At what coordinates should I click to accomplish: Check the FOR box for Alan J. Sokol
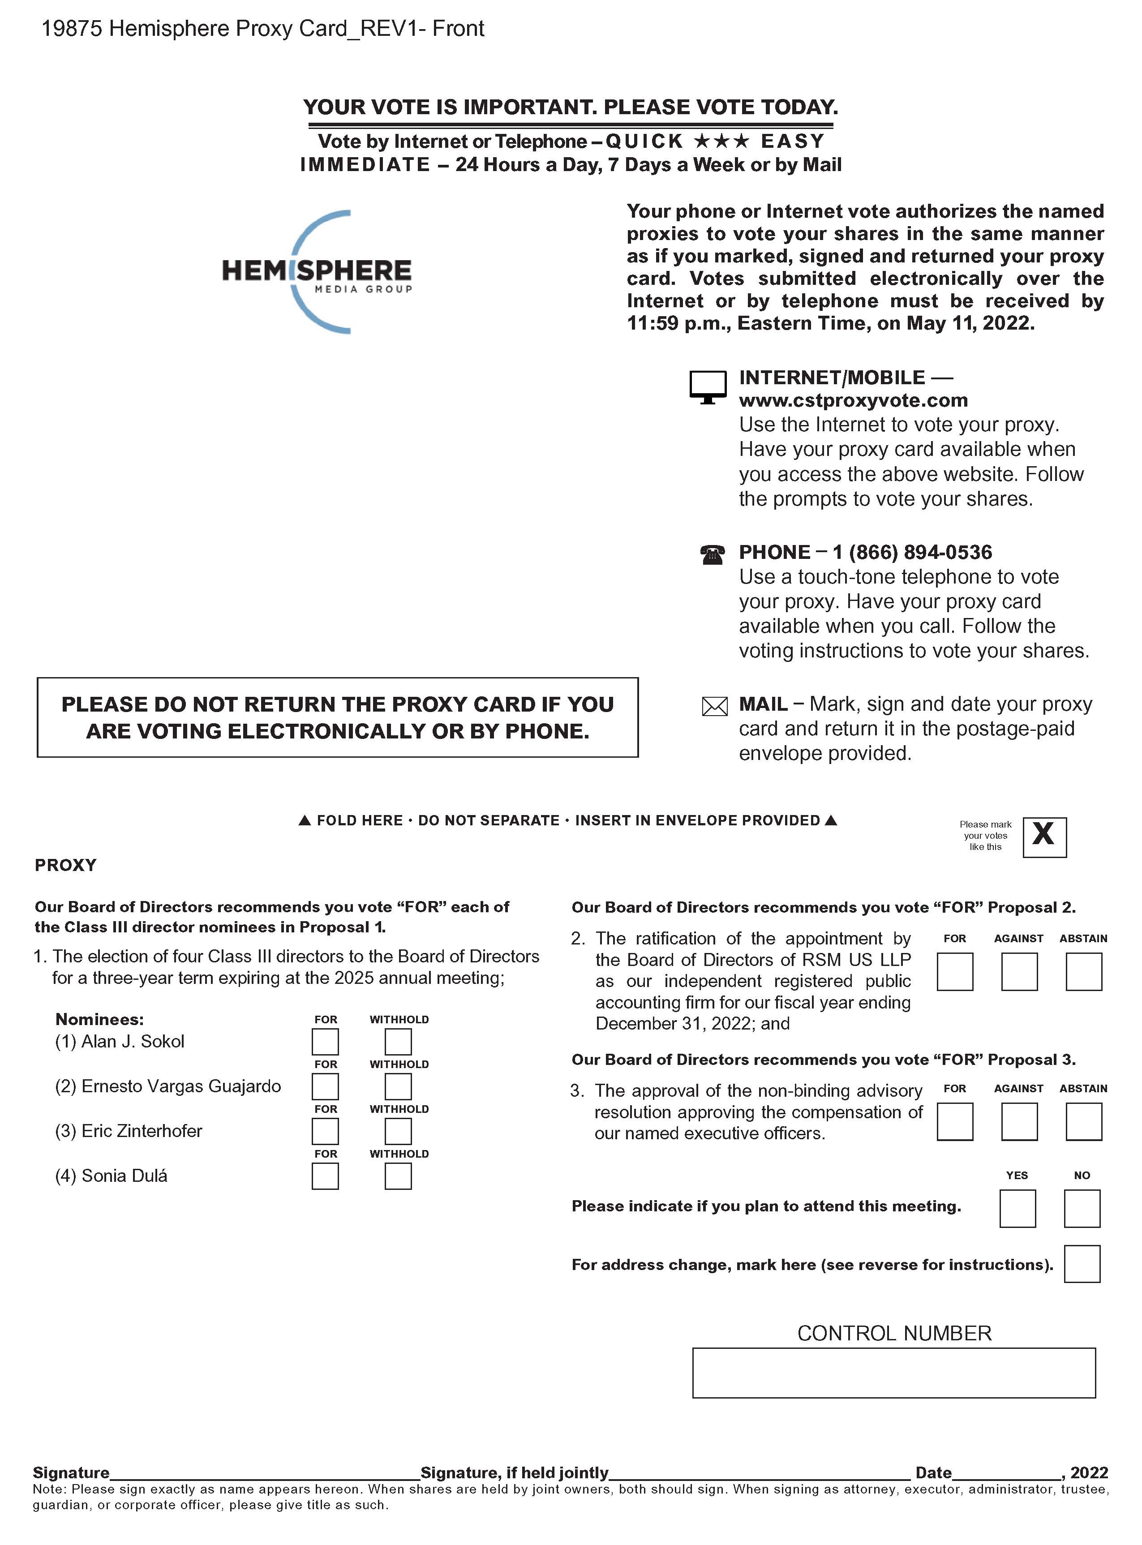coord(325,1042)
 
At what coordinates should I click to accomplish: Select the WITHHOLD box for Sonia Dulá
coord(398,1176)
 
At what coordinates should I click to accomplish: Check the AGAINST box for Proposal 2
coord(1019,972)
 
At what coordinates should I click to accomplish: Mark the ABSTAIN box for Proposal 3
coord(1083,1121)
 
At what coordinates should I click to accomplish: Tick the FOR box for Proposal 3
coord(955,1121)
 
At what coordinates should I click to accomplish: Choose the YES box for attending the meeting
coord(1017,1208)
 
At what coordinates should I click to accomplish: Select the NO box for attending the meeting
coord(1082,1208)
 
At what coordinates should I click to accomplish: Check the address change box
coord(1082,1264)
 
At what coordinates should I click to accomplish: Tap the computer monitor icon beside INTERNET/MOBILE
coord(708,387)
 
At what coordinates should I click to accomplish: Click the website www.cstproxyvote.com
coord(853,400)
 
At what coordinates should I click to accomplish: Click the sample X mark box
coord(1044,837)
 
